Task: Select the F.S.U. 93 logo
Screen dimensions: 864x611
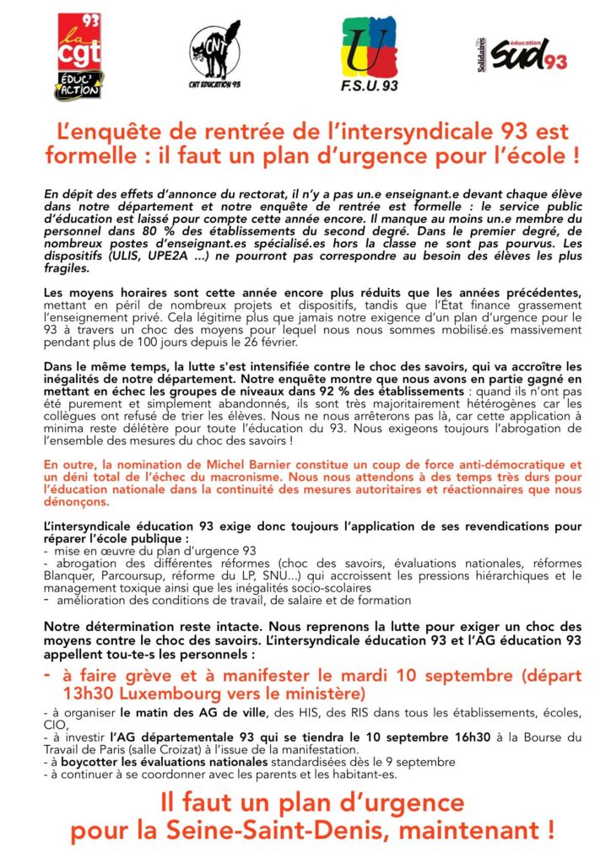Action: tap(370, 52)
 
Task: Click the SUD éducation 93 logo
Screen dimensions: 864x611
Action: tap(522, 54)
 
